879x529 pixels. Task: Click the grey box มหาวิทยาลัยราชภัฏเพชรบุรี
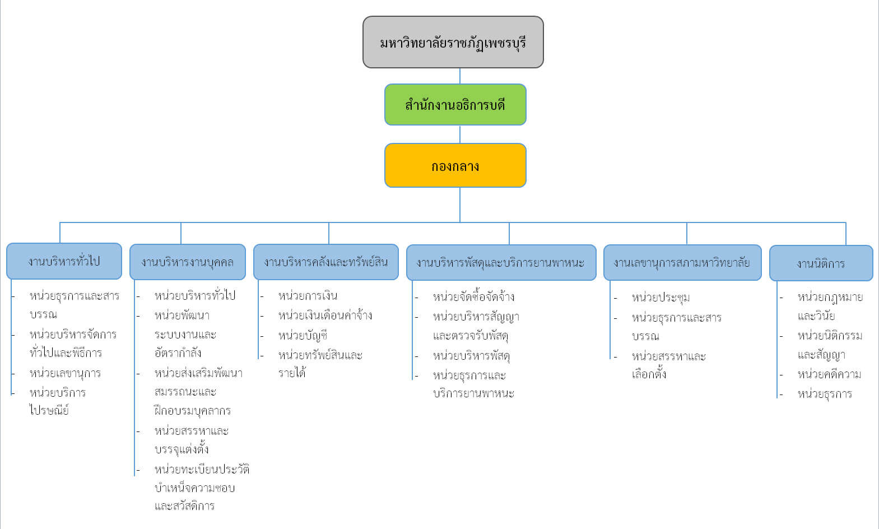[453, 43]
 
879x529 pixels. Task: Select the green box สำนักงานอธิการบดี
[455, 105]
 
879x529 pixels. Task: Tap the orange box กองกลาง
[455, 166]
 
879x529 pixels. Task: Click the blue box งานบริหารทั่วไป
[64, 261]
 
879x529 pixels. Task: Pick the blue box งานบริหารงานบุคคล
[187, 262]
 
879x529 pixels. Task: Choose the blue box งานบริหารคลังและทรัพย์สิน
[325, 262]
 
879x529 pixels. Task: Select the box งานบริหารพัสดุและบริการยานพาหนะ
[500, 262]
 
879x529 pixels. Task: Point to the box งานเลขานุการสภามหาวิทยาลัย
[682, 262]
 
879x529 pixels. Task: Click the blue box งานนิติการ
[821, 263]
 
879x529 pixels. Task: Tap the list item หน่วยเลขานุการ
[65, 373]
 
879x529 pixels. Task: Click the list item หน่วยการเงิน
[308, 296]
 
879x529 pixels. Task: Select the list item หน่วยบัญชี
[303, 335]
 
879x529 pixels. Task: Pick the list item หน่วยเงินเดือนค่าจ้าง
[325, 315]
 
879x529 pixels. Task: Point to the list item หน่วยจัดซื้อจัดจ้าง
[473, 297]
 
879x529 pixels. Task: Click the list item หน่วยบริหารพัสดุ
[471, 356]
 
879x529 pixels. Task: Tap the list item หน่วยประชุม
[661, 298]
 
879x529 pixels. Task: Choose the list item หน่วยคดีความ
[829, 374]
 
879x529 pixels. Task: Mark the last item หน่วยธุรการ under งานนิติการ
[825, 394]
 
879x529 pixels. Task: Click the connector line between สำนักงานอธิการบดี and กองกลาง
[460, 134]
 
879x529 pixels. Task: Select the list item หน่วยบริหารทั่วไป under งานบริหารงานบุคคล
[194, 296]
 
